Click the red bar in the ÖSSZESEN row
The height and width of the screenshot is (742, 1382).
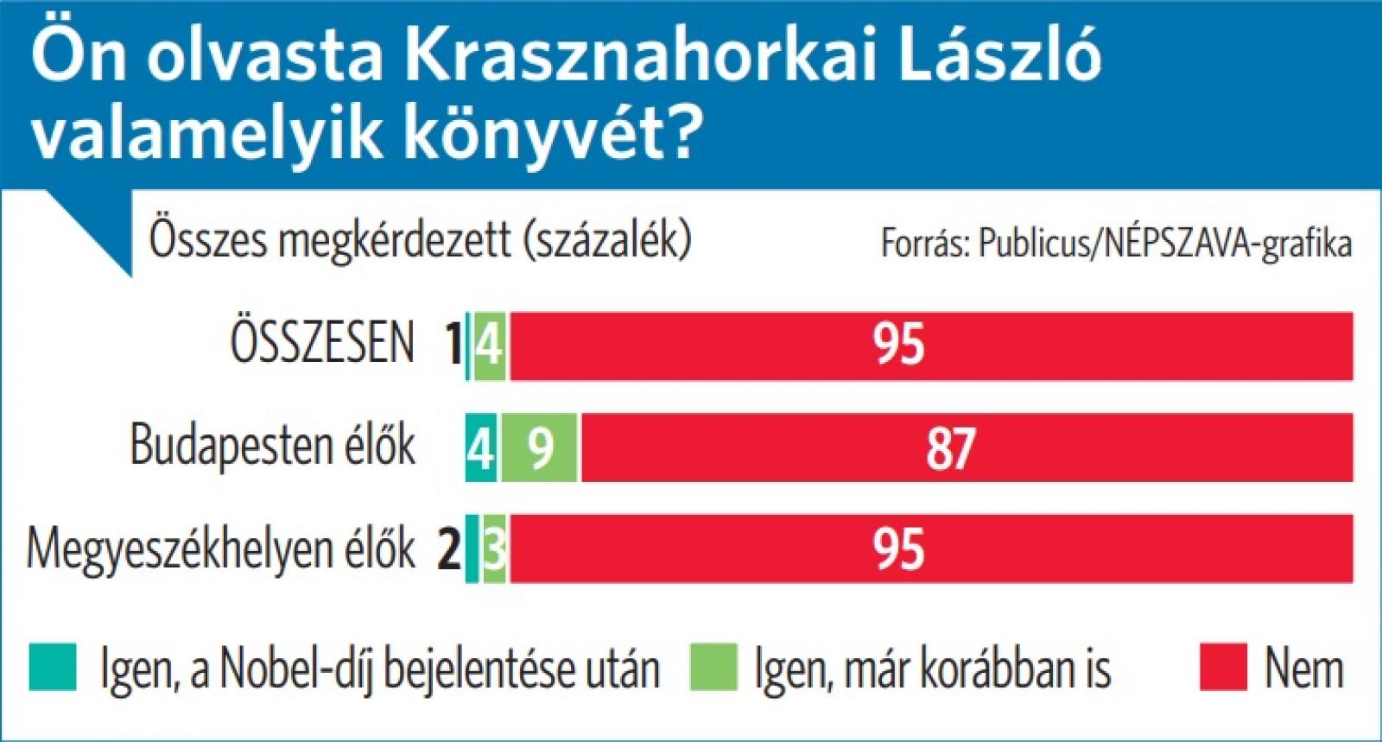click(930, 346)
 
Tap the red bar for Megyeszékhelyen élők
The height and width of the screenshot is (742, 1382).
click(930, 549)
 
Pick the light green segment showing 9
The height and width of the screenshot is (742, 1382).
click(540, 447)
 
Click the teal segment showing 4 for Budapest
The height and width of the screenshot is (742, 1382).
click(481, 447)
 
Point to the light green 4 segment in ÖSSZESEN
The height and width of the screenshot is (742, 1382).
click(490, 346)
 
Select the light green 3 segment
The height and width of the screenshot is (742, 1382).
click(495, 549)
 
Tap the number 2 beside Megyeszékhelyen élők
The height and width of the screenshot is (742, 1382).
click(449, 550)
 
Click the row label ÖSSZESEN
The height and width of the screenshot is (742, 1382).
click(322, 343)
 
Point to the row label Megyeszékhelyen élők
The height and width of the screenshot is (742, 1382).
click(221, 549)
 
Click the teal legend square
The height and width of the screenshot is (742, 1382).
click(52, 668)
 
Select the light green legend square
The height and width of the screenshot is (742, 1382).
click(713, 668)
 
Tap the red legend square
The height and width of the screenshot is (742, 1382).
click(1223, 668)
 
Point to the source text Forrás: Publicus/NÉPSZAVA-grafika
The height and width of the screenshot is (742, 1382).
click(1115, 244)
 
